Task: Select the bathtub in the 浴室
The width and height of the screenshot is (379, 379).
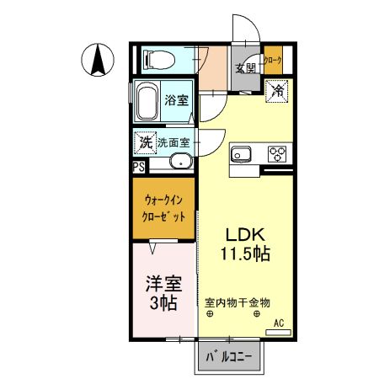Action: [x=147, y=103]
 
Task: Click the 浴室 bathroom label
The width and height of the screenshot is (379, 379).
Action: [x=176, y=100]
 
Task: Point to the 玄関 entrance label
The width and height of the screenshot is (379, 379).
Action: [x=246, y=67]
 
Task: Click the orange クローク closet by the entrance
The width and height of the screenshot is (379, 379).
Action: [x=274, y=61]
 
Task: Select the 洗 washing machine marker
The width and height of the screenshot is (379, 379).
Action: [x=146, y=143]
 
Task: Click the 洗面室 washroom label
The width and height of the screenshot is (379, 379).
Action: [x=174, y=143]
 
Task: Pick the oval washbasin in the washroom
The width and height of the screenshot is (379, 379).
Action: [x=180, y=163]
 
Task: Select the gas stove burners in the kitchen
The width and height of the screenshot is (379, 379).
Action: [x=277, y=154]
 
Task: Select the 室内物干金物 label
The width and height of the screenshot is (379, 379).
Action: [x=238, y=302]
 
